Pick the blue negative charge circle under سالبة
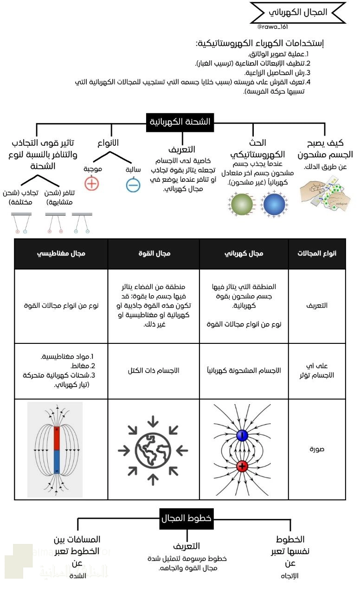[133, 185]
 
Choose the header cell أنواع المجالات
[317, 253]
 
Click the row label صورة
[317, 449]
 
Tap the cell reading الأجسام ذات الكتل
[154, 371]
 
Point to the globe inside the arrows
[153, 449]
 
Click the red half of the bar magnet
[56, 438]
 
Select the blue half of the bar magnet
[56, 461]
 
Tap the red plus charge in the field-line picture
[242, 466]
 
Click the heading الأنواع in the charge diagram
[109, 142]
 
